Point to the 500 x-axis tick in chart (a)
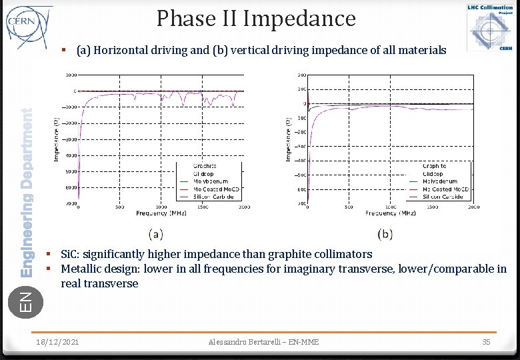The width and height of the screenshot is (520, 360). (x=119, y=207)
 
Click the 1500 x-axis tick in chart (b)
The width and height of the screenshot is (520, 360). (x=432, y=207)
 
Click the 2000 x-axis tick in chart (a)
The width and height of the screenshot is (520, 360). (x=243, y=207)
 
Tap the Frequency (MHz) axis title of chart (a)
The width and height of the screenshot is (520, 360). (x=161, y=213)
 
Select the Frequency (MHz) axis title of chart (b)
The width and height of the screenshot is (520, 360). (x=390, y=213)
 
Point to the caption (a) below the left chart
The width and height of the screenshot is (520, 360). (x=155, y=234)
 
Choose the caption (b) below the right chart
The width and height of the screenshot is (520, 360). (x=385, y=234)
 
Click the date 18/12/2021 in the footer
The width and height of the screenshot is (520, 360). (x=59, y=342)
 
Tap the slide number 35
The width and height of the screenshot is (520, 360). (x=487, y=342)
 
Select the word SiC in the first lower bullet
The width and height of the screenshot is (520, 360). (x=67, y=254)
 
